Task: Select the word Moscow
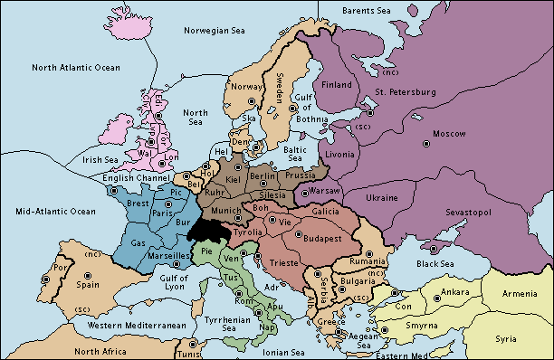448,134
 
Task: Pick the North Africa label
100,351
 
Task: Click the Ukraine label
381,197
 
